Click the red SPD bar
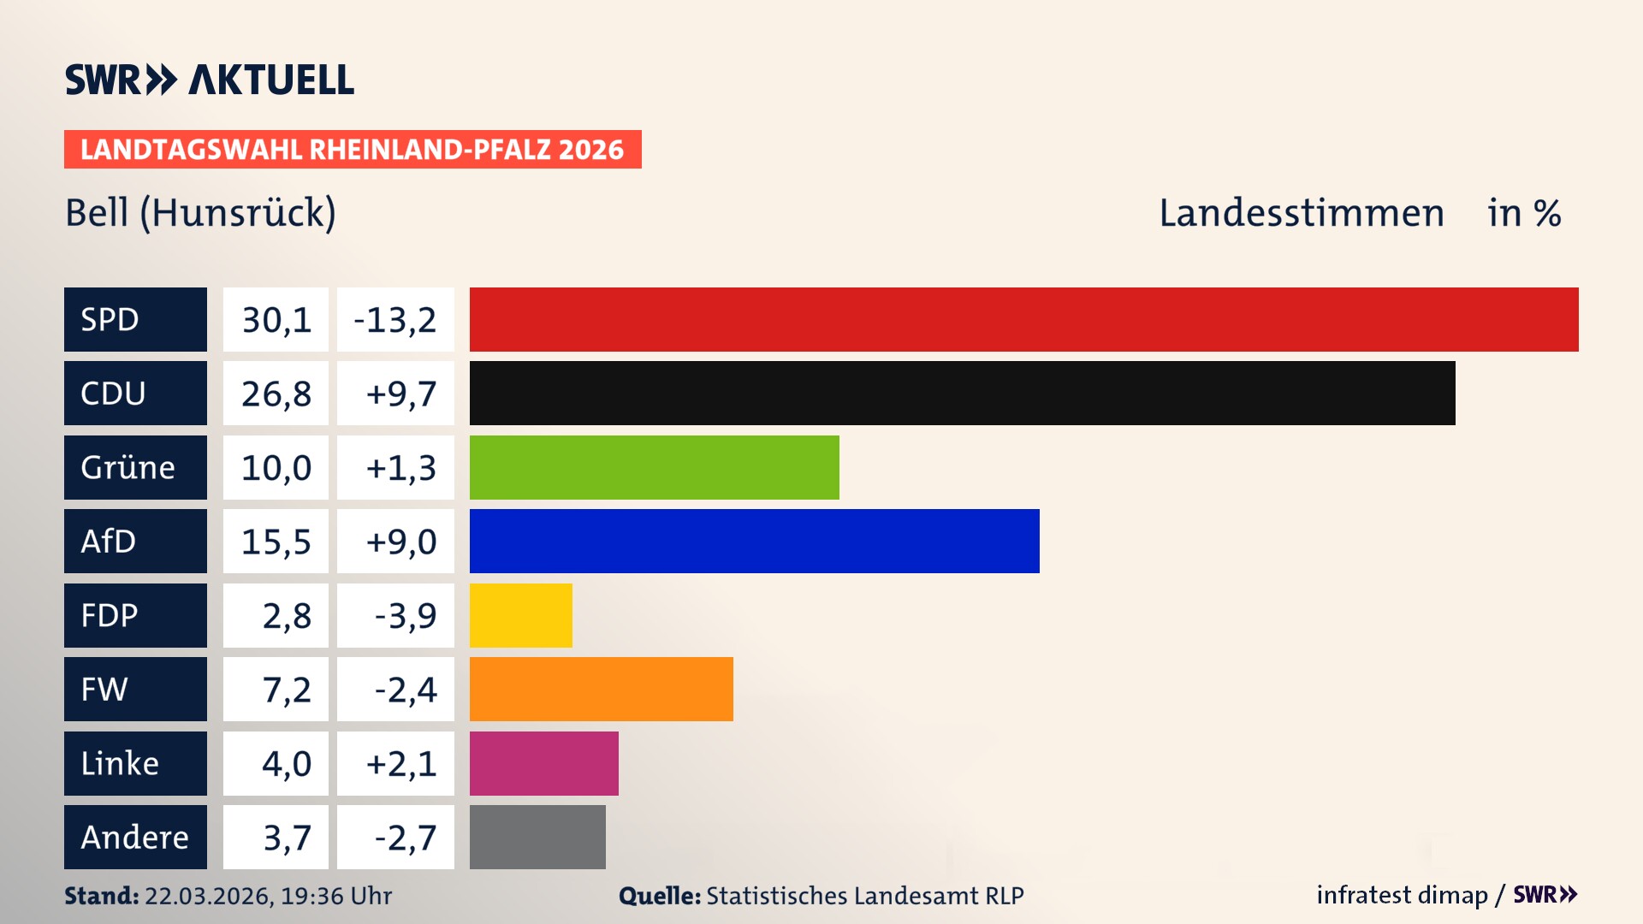(x=1023, y=319)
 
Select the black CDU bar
(x=962, y=393)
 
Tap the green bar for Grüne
(x=654, y=467)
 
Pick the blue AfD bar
(x=754, y=541)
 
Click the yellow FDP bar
(x=520, y=615)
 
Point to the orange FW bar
(x=601, y=689)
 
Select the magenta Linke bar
(x=543, y=763)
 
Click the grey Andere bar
(x=537, y=837)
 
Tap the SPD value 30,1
(x=276, y=320)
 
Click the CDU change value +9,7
(x=400, y=394)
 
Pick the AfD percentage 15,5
(x=276, y=542)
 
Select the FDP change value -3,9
(x=405, y=615)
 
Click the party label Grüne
(x=128, y=468)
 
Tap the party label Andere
(x=134, y=838)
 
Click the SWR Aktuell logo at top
(x=209, y=80)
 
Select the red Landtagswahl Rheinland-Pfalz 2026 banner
(x=352, y=150)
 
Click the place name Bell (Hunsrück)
(x=200, y=213)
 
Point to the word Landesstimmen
(x=1301, y=213)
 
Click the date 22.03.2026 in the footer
(x=208, y=896)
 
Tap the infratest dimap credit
(x=1402, y=895)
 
